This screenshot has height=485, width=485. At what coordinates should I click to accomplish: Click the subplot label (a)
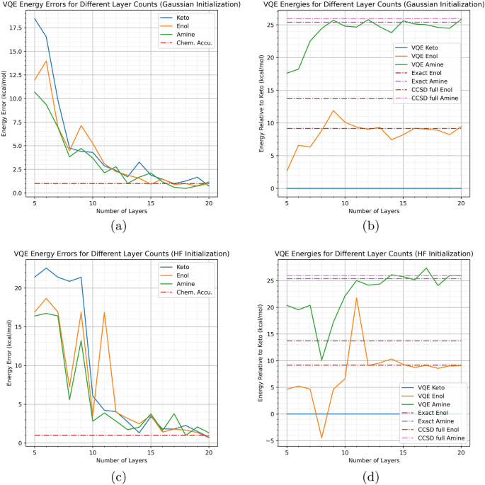coord(118,227)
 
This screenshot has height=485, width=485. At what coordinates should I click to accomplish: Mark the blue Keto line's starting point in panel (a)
coord(35,18)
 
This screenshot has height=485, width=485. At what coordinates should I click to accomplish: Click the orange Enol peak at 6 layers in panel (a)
coord(47,61)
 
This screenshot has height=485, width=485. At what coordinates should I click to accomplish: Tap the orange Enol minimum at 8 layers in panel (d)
coord(321,438)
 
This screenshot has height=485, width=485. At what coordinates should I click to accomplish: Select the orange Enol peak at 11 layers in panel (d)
coord(356,297)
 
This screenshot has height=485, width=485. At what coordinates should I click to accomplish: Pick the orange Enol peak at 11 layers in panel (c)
coord(104,312)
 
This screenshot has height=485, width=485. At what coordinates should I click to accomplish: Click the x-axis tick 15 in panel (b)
coord(403,202)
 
